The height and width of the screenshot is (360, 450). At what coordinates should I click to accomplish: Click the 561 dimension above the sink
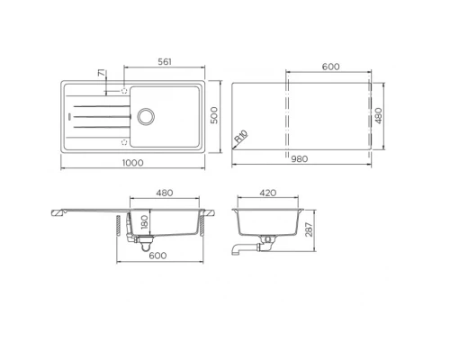tap(163, 62)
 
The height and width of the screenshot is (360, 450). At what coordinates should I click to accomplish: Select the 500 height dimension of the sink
tap(214, 115)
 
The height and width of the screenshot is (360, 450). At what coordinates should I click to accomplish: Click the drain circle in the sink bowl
tap(145, 115)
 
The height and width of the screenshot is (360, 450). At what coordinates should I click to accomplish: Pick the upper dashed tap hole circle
tap(121, 90)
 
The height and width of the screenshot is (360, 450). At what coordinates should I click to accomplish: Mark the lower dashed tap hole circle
tap(121, 141)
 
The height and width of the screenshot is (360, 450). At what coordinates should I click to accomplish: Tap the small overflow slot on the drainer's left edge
tap(68, 116)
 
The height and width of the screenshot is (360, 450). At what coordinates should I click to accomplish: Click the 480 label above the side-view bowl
tap(165, 194)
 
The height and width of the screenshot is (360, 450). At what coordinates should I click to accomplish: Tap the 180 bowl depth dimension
tap(143, 221)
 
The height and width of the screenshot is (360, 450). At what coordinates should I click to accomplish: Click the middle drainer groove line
tap(99, 116)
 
